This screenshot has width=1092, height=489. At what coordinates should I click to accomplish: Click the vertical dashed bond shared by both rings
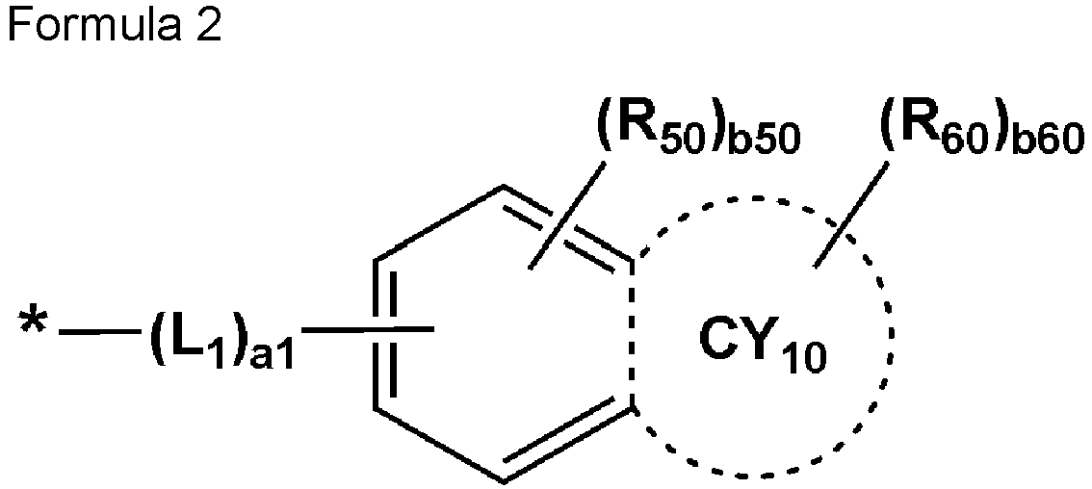pyautogui.click(x=632, y=334)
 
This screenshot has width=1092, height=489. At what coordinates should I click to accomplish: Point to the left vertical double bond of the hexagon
pyautogui.click(x=383, y=334)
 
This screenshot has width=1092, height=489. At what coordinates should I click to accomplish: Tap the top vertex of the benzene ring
pyautogui.click(x=504, y=187)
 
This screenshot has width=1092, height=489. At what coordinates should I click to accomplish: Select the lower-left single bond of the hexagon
pyautogui.click(x=439, y=445)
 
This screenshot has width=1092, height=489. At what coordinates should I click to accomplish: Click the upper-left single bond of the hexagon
pyautogui.click(x=439, y=223)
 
